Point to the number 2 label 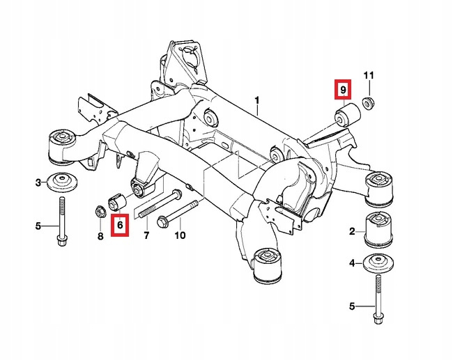(x=353, y=230)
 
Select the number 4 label (x=353, y=263)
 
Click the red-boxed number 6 (x=120, y=225)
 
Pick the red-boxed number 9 (x=342, y=91)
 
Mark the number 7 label (x=146, y=236)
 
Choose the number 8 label (x=100, y=236)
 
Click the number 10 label (x=180, y=236)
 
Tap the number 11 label (x=369, y=75)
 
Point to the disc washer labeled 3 (x=62, y=183)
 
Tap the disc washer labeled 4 (x=378, y=265)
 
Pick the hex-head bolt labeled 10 (x=177, y=208)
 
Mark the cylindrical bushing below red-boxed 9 (x=346, y=114)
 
